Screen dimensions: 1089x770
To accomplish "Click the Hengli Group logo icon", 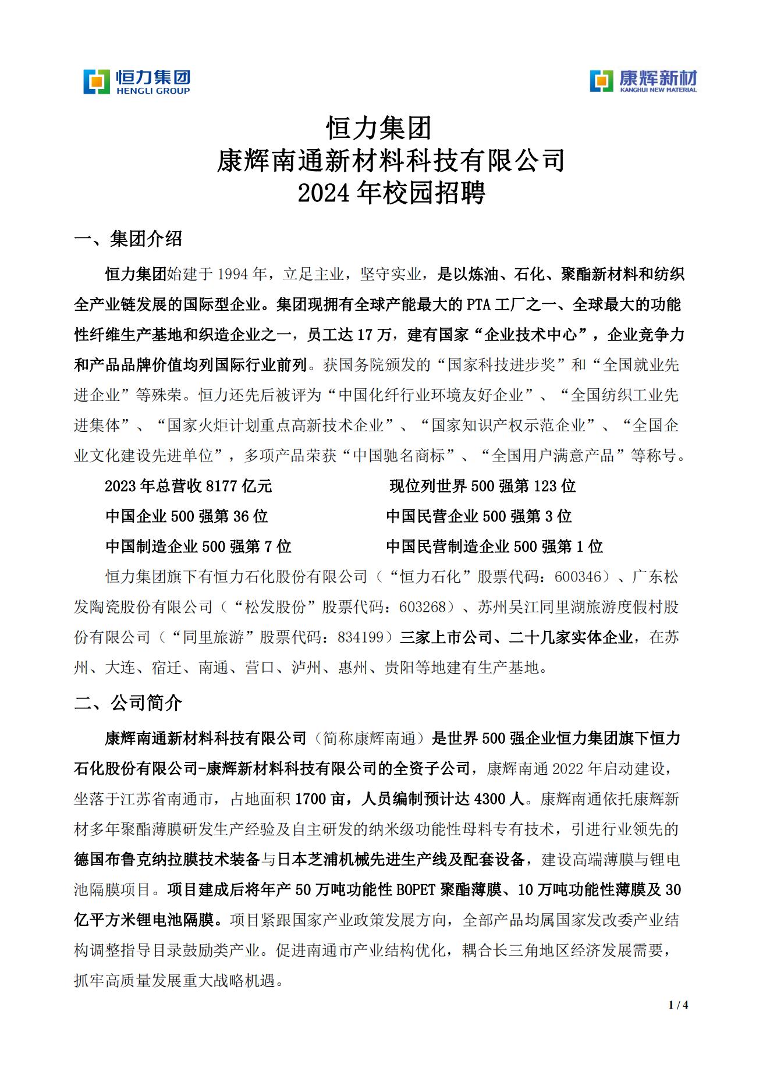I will pyautogui.click(x=96, y=81).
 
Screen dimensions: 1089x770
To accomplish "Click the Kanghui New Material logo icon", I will pyautogui.click(x=602, y=81).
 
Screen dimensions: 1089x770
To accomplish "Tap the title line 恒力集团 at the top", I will pyautogui.click(x=379, y=128).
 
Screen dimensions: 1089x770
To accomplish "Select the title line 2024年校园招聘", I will pyautogui.click(x=391, y=193).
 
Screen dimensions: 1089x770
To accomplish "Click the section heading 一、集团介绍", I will pyautogui.click(x=129, y=239).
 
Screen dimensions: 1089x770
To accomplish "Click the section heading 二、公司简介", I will pyautogui.click(x=129, y=703).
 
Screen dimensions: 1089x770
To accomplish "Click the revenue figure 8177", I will pyautogui.click(x=223, y=486).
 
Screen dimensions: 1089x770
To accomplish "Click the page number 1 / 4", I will pyautogui.click(x=679, y=1005).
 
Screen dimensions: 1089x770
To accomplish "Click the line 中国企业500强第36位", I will pyautogui.click(x=187, y=516).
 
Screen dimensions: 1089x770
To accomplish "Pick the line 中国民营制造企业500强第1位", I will pyautogui.click(x=495, y=547).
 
